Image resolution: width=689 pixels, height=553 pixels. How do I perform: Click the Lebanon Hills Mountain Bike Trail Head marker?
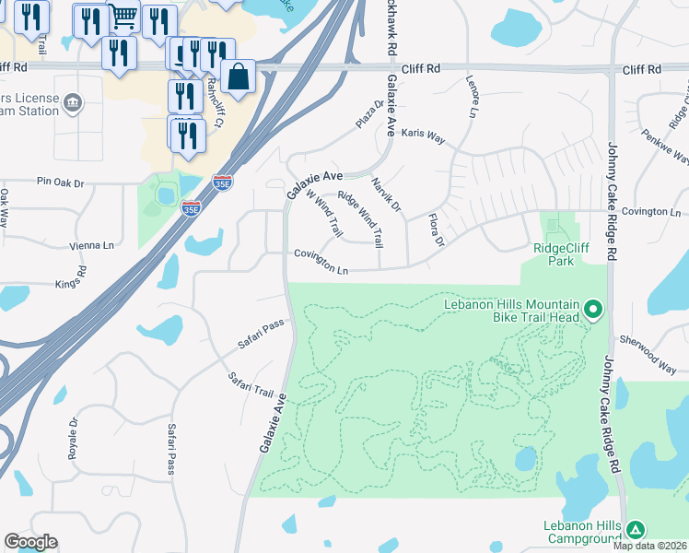[594, 310]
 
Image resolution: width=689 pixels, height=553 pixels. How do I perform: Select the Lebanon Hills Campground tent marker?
[635, 530]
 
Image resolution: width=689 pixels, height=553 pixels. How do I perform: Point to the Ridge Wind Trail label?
[360, 218]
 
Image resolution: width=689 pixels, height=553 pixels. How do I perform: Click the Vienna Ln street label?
[92, 246]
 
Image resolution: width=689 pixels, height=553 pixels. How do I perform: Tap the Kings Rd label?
[82, 277]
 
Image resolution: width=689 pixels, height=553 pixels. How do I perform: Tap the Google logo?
[30, 542]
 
